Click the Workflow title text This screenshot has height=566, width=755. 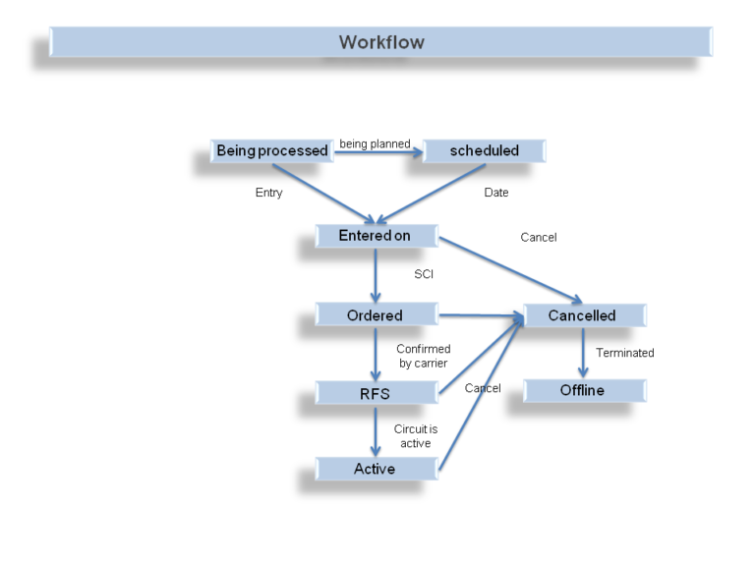coord(381,42)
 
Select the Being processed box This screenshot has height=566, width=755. coord(272,151)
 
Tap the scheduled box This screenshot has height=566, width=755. coord(484,151)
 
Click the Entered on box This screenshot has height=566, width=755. coord(375,236)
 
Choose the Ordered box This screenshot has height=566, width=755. coord(375,315)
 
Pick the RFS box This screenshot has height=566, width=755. coord(375,393)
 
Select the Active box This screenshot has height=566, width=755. coord(375,469)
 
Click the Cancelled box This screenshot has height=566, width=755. coord(583,315)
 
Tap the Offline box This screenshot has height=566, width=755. coord(583,390)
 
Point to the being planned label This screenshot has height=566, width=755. coord(375,144)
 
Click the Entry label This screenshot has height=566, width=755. coord(268,193)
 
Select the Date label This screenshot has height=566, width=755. coord(496,193)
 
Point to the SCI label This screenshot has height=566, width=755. coord(424,274)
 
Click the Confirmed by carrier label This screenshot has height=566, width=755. coord(424,356)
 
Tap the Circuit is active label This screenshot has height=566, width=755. coord(415,436)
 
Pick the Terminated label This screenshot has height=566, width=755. coord(624,353)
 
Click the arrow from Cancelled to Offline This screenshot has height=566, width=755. coord(583,353)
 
